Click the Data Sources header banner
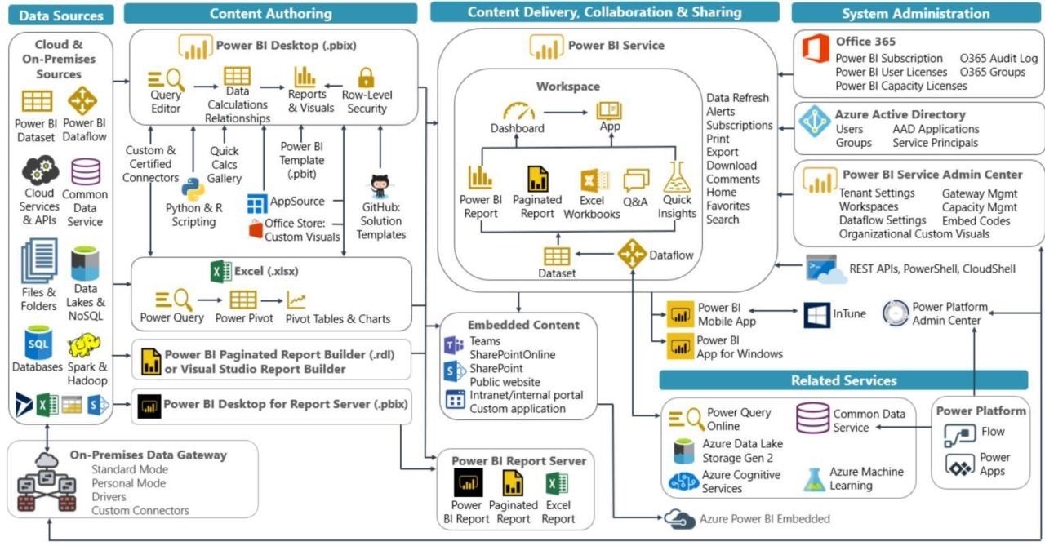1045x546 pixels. [61, 15]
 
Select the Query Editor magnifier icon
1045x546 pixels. [166, 79]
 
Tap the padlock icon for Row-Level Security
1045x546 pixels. [366, 78]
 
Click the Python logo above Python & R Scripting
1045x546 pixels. [193, 189]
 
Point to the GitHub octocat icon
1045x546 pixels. [380, 186]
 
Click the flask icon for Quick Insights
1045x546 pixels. [677, 177]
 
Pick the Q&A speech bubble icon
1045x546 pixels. [636, 180]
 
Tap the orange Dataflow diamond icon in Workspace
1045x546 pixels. [632, 255]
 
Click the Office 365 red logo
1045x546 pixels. [815, 49]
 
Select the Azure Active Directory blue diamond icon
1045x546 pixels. [815, 122]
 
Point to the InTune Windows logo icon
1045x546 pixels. [816, 315]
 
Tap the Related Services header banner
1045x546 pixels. [843, 380]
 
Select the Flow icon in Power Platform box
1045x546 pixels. [959, 434]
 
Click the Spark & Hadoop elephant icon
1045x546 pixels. [84, 345]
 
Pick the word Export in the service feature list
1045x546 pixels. [723, 152]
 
